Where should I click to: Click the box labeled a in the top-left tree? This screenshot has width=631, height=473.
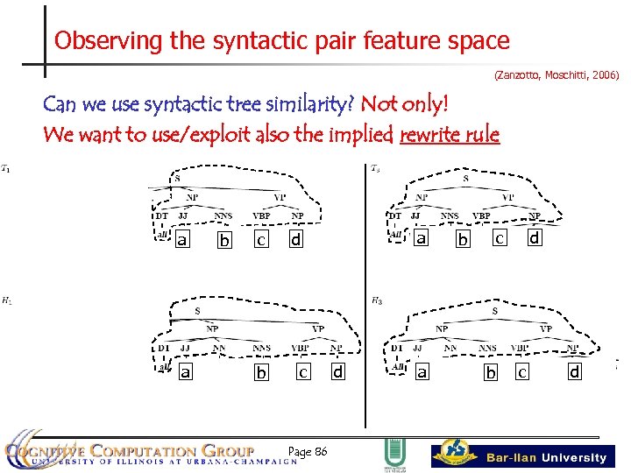pyautogui.click(x=182, y=239)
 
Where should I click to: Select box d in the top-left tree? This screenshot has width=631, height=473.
pyautogui.click(x=295, y=239)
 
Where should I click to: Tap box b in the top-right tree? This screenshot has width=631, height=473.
pyautogui.click(x=463, y=239)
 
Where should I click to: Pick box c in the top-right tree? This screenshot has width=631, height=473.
pyautogui.click(x=499, y=237)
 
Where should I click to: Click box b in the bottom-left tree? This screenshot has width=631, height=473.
pyautogui.click(x=260, y=373)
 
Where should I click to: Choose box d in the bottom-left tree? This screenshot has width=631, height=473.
pyautogui.click(x=337, y=371)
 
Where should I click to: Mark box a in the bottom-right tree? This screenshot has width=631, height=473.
pyautogui.click(x=422, y=372)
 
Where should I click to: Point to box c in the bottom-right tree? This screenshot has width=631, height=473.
pyautogui.click(x=521, y=372)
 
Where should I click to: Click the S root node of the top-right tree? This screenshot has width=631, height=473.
pyautogui.click(x=465, y=179)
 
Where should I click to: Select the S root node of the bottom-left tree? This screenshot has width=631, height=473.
pyautogui.click(x=196, y=311)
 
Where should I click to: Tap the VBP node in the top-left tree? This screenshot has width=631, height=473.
pyautogui.click(x=261, y=215)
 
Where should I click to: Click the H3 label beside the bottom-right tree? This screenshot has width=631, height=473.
pyautogui.click(x=375, y=300)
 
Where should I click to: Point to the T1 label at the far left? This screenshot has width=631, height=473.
pyautogui.click(x=6, y=168)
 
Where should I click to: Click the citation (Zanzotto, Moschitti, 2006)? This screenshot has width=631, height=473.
pyautogui.click(x=557, y=76)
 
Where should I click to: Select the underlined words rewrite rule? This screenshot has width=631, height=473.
pyautogui.click(x=449, y=135)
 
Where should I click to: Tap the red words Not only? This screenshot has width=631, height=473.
pyautogui.click(x=404, y=105)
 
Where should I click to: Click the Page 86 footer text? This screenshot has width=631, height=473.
pyautogui.click(x=308, y=451)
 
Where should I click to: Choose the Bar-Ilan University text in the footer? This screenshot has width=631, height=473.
pyautogui.click(x=546, y=457)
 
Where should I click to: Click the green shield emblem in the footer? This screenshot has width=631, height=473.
pyautogui.click(x=393, y=454)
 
